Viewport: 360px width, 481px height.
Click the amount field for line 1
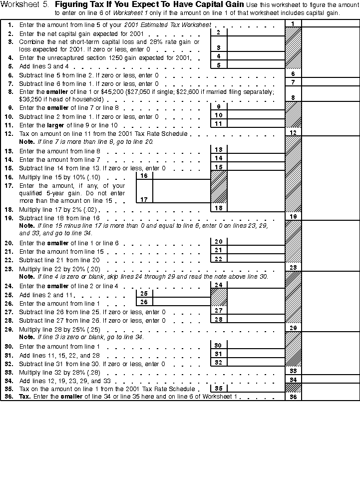pyautogui.click(x=331, y=23)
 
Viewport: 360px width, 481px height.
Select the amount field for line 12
pyautogui.click(x=331, y=132)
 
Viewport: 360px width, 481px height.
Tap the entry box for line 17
pyautogui.click(x=181, y=199)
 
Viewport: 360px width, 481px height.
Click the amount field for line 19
pyautogui.click(x=331, y=216)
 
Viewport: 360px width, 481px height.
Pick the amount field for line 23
pyautogui.click(x=331, y=268)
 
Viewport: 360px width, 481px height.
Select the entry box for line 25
pyautogui.click(x=181, y=294)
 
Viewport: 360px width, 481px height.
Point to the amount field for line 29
pyautogui.click(x=331, y=328)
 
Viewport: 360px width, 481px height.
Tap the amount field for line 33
pyautogui.click(x=331, y=371)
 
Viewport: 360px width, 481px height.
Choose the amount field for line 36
pyautogui.click(x=331, y=397)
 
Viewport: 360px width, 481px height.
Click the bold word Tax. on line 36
pyautogui.click(x=24, y=397)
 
